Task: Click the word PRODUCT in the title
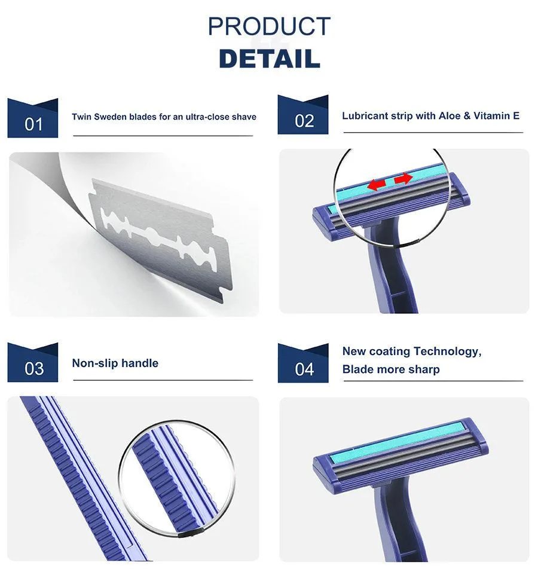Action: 269,26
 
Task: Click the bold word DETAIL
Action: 269,59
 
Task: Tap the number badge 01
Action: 33,118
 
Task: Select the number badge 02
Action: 302,115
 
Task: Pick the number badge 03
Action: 33,362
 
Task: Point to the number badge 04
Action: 303,363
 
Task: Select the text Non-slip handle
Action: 115,363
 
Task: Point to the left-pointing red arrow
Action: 377,184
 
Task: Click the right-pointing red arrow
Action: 403,179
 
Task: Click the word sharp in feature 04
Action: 426,369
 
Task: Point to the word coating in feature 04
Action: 389,351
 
